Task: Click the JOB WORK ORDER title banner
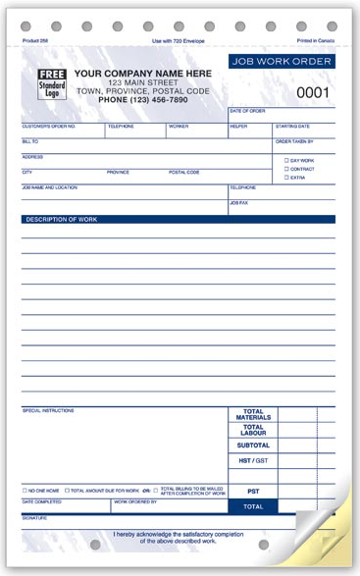[x=282, y=62]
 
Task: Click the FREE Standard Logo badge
[x=51, y=84]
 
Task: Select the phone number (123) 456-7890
[x=142, y=100]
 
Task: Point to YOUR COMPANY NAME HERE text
[x=142, y=74]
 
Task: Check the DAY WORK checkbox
[x=286, y=160]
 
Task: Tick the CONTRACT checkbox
[x=286, y=169]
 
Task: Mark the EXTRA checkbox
[x=286, y=178]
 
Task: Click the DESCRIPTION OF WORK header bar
[x=178, y=220]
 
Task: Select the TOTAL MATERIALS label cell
[x=253, y=415]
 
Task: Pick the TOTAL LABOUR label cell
[x=253, y=430]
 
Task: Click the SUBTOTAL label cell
[x=253, y=445]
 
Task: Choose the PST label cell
[x=253, y=491]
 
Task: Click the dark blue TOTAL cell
[x=253, y=506]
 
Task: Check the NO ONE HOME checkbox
[x=26, y=490]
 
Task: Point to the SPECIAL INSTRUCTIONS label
[x=47, y=410]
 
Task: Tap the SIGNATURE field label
[x=35, y=516]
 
